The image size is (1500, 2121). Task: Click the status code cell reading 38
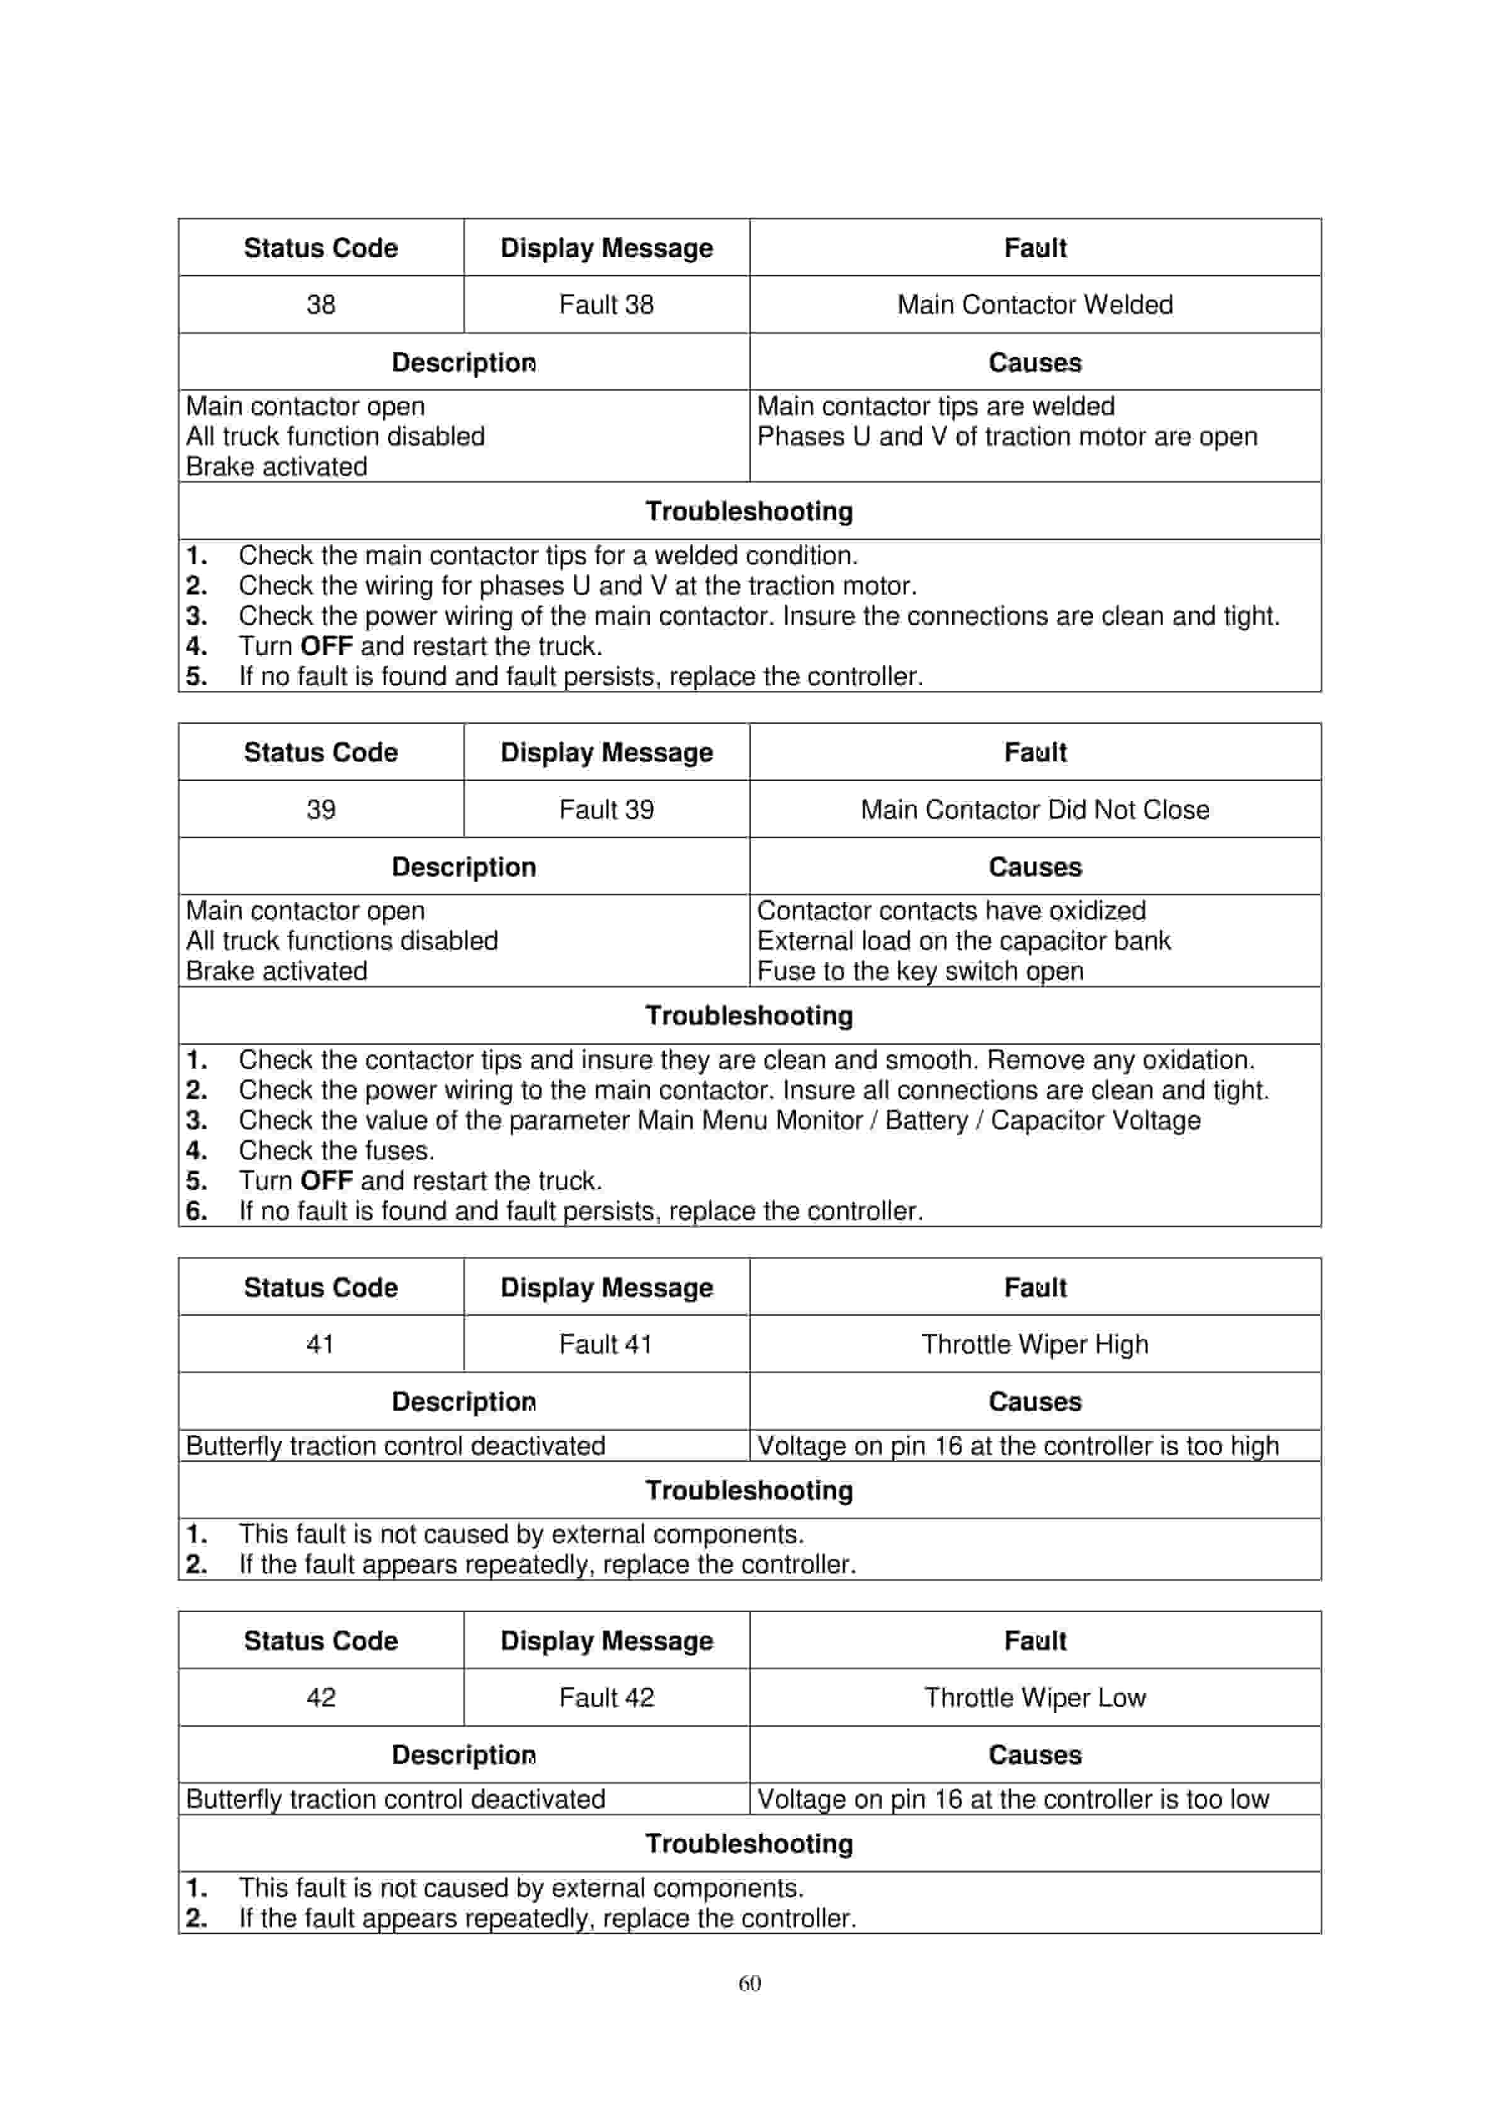tap(321, 304)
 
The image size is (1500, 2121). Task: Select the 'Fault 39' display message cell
tap(606, 809)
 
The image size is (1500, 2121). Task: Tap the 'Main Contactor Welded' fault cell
tap(1035, 304)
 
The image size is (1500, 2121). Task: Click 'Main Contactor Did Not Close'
tap(1035, 809)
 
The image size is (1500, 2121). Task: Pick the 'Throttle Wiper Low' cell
tap(1035, 1697)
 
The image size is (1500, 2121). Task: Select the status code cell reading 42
tap(321, 1697)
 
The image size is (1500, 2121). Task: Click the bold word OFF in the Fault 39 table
tap(326, 1181)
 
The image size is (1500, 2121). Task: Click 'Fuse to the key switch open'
tap(920, 971)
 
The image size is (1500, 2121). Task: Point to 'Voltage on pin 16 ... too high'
tap(1018, 1446)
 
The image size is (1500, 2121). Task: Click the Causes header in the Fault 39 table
tap(1035, 867)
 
